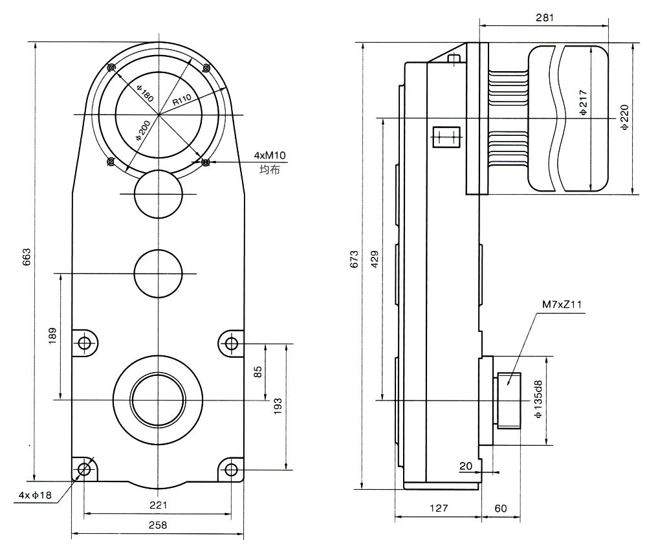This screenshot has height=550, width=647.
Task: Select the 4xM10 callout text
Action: tap(270, 155)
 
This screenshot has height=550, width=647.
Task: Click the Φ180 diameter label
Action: tap(144, 93)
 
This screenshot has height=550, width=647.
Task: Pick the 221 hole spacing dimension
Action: tap(158, 505)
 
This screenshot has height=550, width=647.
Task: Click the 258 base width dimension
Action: tap(157, 525)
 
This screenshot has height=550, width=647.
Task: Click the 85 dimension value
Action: tap(258, 372)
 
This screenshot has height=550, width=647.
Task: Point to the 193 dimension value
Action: tap(278, 405)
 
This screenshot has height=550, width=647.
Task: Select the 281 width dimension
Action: tap(544, 17)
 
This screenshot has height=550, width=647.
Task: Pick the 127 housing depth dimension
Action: tap(437, 509)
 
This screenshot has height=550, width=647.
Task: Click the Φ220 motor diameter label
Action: tap(624, 118)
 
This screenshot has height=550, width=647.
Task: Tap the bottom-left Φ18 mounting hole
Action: tap(84, 468)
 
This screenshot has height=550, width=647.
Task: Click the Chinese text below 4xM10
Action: tap(270, 170)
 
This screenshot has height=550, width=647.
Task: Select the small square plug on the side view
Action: tap(445, 137)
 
